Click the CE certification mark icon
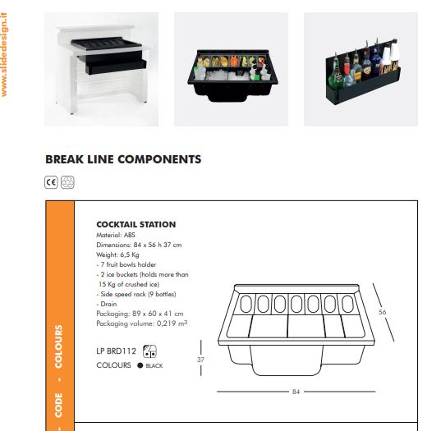(x=51, y=182)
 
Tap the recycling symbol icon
(x=67, y=182)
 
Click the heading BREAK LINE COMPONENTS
(x=123, y=159)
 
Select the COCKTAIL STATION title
(x=136, y=224)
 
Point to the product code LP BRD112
(x=116, y=351)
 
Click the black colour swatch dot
(x=140, y=365)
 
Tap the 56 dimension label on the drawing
(x=382, y=312)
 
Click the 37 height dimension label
(x=200, y=360)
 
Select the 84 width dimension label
(x=296, y=392)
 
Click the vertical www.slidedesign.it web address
(x=4, y=55)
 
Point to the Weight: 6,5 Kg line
(x=117, y=254)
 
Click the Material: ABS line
(x=116, y=235)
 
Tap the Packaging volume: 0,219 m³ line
(x=142, y=323)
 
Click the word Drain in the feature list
(x=108, y=304)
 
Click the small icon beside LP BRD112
(x=149, y=351)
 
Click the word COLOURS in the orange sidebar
(x=58, y=346)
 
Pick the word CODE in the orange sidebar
(x=58, y=405)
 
